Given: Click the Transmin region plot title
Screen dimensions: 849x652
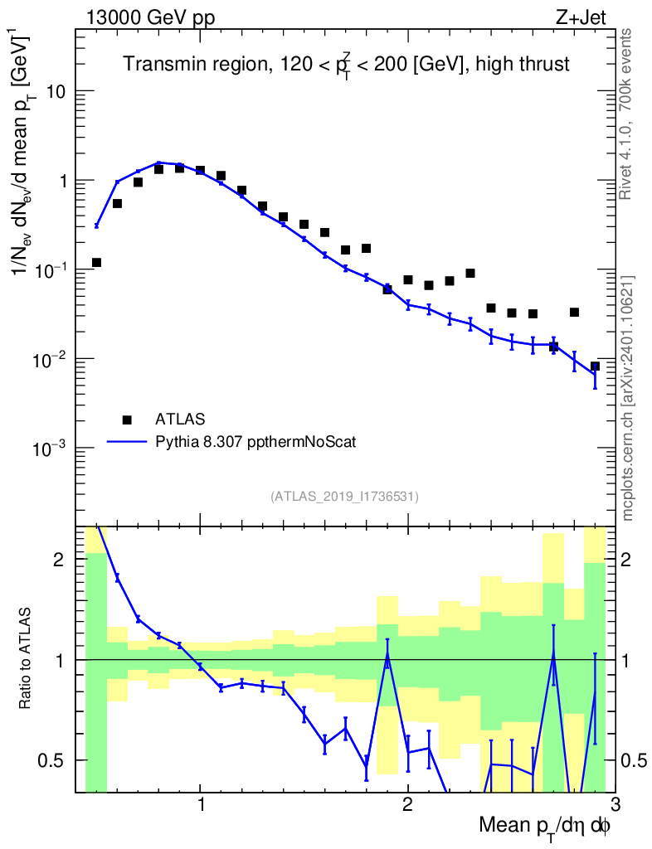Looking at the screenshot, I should pyautogui.click(x=347, y=65).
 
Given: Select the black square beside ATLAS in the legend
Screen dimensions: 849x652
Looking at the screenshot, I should pyautogui.click(x=127, y=420).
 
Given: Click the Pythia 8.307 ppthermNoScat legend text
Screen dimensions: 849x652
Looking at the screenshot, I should pyautogui.click(x=255, y=443).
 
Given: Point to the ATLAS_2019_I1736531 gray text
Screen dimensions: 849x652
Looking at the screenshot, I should pyautogui.click(x=344, y=497).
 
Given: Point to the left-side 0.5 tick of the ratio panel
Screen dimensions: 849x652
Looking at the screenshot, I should pyautogui.click(x=56, y=760).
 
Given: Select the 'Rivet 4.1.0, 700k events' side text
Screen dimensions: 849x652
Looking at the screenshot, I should pyautogui.click(x=626, y=114).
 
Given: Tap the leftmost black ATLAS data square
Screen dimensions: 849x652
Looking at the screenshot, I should pyautogui.click(x=96, y=262).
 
